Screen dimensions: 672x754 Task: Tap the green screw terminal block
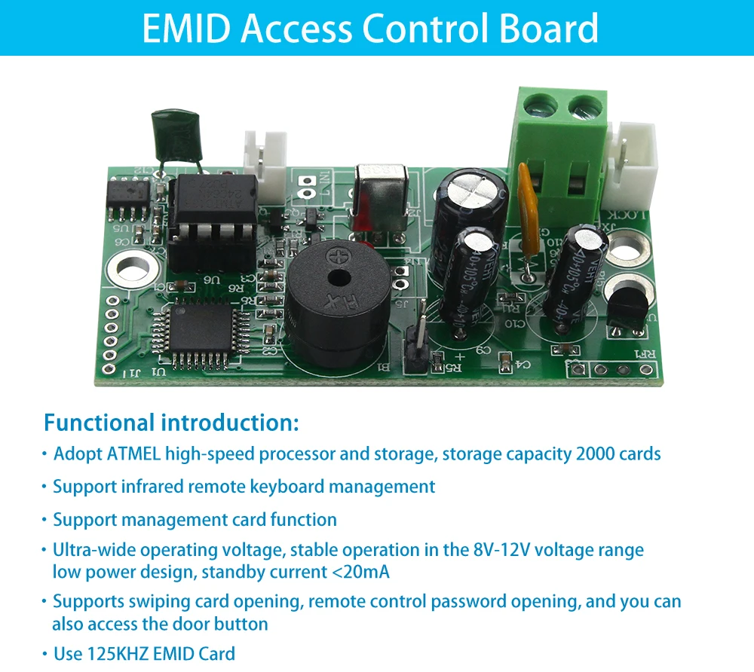pyautogui.click(x=562, y=151)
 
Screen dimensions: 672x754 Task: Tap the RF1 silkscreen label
pyautogui.click(x=648, y=354)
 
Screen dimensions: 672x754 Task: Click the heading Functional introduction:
pyautogui.click(x=171, y=423)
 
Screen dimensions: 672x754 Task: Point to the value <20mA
pyautogui.click(x=360, y=572)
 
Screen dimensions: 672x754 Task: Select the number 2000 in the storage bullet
pyautogui.click(x=595, y=454)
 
